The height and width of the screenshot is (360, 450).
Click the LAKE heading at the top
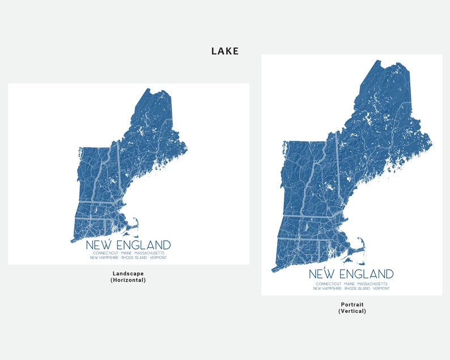[225, 51]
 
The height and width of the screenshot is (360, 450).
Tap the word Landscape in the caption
[128, 274]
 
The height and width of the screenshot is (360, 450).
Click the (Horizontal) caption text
[128, 280]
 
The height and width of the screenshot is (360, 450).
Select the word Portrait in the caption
[352, 304]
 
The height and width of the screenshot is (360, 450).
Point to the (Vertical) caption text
[352, 311]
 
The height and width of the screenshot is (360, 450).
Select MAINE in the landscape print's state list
[128, 253]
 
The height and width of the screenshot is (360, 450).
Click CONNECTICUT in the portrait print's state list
[329, 283]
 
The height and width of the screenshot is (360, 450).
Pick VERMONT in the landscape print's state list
[159, 258]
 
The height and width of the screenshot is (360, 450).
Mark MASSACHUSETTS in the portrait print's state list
[373, 283]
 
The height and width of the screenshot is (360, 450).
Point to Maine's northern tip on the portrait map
[377, 61]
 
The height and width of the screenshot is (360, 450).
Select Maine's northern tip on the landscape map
[148, 89]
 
